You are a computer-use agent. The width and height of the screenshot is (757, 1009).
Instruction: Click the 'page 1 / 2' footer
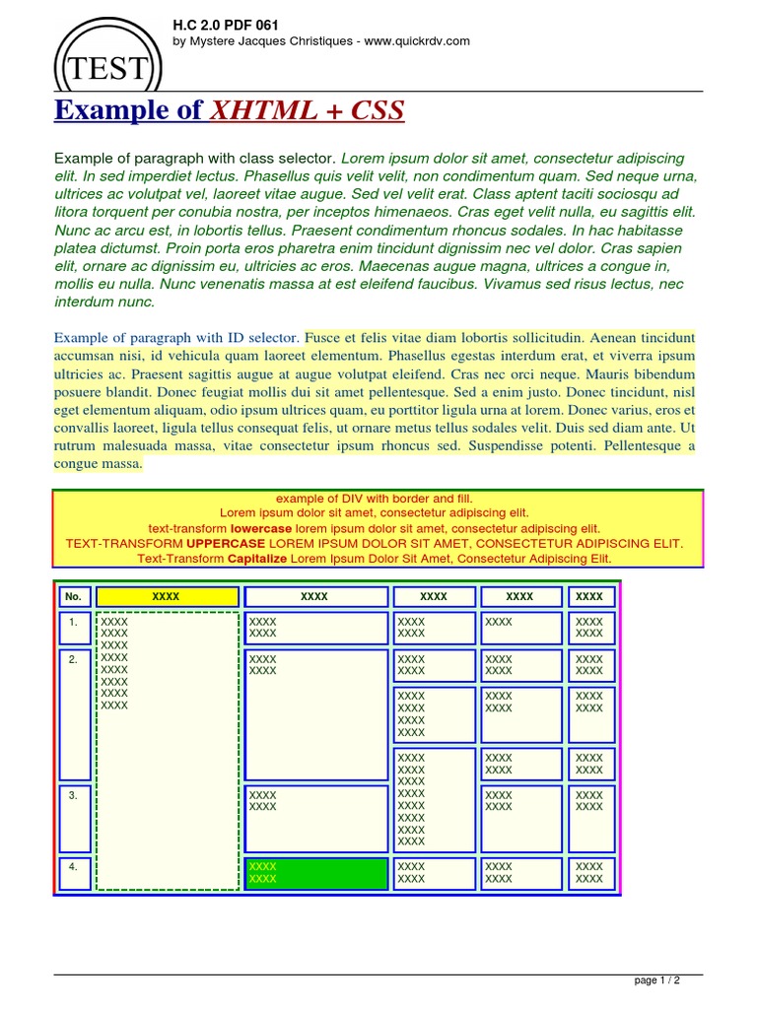pyautogui.click(x=655, y=980)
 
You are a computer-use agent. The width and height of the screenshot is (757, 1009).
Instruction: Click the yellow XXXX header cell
pyautogui.click(x=167, y=596)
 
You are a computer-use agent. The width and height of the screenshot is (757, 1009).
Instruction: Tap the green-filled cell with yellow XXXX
pyautogui.click(x=315, y=873)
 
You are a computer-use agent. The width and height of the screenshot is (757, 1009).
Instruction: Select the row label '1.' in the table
pyautogui.click(x=74, y=623)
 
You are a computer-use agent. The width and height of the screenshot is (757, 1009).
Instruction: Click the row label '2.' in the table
pyautogui.click(x=74, y=660)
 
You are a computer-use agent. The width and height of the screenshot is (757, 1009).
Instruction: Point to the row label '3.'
pyautogui.click(x=74, y=795)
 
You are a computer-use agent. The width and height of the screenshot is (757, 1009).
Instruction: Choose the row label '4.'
pyautogui.click(x=74, y=867)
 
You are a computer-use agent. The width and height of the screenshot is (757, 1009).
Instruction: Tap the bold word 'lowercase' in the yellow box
pyautogui.click(x=261, y=528)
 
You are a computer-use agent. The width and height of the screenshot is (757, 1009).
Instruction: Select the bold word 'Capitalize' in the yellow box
pyautogui.click(x=257, y=559)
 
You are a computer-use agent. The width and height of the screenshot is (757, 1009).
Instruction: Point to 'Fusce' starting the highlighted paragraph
pyautogui.click(x=323, y=337)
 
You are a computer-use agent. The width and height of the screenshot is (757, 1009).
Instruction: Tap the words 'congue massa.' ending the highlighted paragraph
pyautogui.click(x=99, y=463)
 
